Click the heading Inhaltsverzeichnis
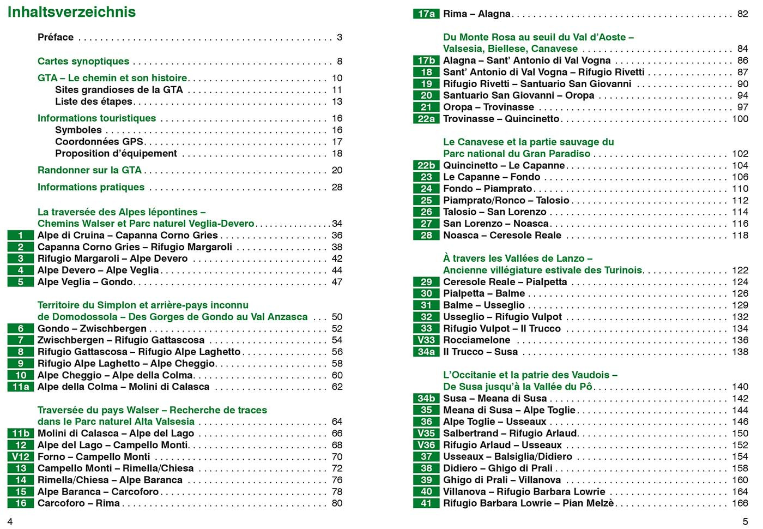pyautogui.click(x=71, y=12)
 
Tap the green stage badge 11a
pyautogui.click(x=21, y=387)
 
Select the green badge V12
pyautogui.click(x=21, y=456)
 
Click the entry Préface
pyautogui.click(x=56, y=37)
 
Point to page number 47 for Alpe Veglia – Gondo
pyautogui.click(x=337, y=282)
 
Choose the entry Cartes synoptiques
pyautogui.click(x=83, y=61)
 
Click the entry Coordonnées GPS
pyautogui.click(x=99, y=142)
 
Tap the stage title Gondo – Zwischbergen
pyautogui.click(x=92, y=328)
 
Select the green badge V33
pyautogui.click(x=426, y=340)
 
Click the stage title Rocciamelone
pyautogui.click(x=476, y=340)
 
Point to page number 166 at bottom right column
pyautogui.click(x=740, y=503)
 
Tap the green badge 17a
pyautogui.click(x=426, y=14)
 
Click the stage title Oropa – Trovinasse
pyautogui.click(x=488, y=107)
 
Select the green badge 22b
pyautogui.click(x=426, y=165)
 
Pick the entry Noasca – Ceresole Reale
pyautogui.click(x=502, y=235)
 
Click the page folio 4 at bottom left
pyautogui.click(x=10, y=521)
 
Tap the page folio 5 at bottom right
pyautogui.click(x=746, y=521)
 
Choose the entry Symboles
pyautogui.click(x=78, y=130)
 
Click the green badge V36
pyautogui.click(x=426, y=445)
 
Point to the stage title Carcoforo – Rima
pyautogui.click(x=78, y=503)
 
